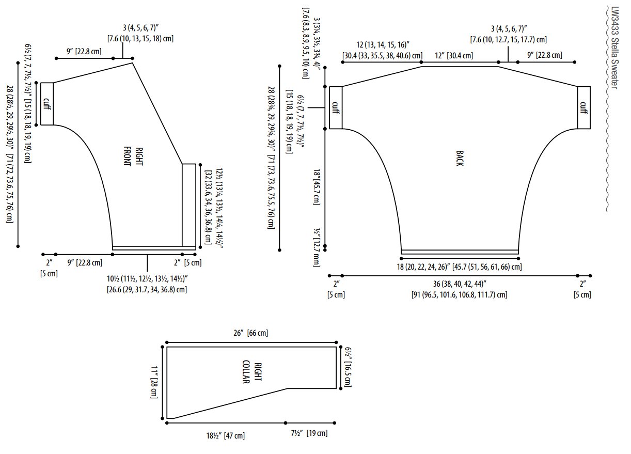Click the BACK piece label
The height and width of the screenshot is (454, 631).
pyautogui.click(x=460, y=159)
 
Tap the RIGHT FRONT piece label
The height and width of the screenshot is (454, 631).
pyautogui.click(x=134, y=156)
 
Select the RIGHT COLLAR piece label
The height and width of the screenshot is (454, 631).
pyautogui.click(x=252, y=372)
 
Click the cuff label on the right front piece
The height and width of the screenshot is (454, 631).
pyautogui.click(x=47, y=104)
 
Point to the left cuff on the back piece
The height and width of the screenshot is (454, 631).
pyautogui.click(x=336, y=107)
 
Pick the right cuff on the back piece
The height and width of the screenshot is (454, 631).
pyautogui.click(x=583, y=107)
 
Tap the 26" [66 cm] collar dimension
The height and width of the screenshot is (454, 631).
pyautogui.click(x=251, y=333)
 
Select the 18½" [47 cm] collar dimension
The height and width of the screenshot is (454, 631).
pyautogui.click(x=225, y=436)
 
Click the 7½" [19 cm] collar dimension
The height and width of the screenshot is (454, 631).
pyautogui.click(x=309, y=433)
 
